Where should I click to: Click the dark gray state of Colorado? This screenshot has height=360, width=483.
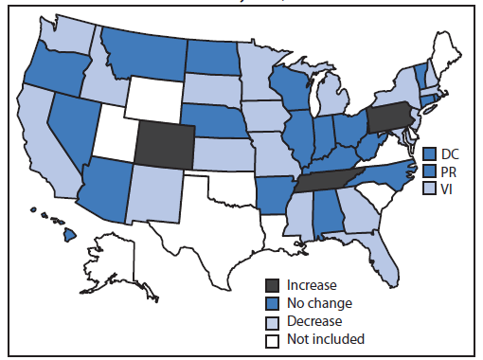[x=165, y=144]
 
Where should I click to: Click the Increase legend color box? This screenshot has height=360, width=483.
[x=274, y=284]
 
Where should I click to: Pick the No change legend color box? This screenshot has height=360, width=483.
[x=274, y=302]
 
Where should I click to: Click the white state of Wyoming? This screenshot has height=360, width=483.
[x=152, y=95]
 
